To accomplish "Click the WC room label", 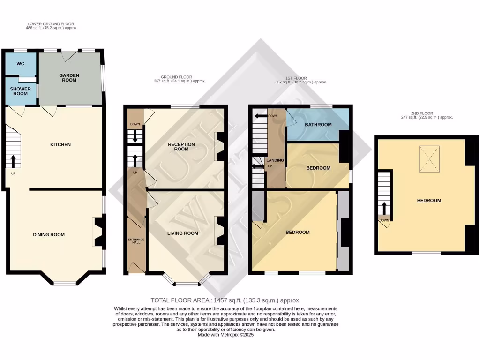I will (x=20, y=63).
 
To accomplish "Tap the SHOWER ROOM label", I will (x=21, y=91).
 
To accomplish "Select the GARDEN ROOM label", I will (x=69, y=77).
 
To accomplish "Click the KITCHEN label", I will (x=60, y=144).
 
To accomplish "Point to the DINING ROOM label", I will (x=49, y=234).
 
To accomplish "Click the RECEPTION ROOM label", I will (x=178, y=146).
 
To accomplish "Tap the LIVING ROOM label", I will (x=183, y=233).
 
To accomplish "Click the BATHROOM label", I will (x=318, y=125).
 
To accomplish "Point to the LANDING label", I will (x=275, y=160).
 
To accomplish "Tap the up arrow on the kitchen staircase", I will (x=13, y=161).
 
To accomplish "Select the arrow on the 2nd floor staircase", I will (x=384, y=208).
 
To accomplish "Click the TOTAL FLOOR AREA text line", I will (x=225, y=300).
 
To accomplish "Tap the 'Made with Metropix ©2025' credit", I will (x=225, y=334).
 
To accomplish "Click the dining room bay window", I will (x=64, y=283).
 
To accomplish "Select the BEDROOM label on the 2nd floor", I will (x=429, y=201).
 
